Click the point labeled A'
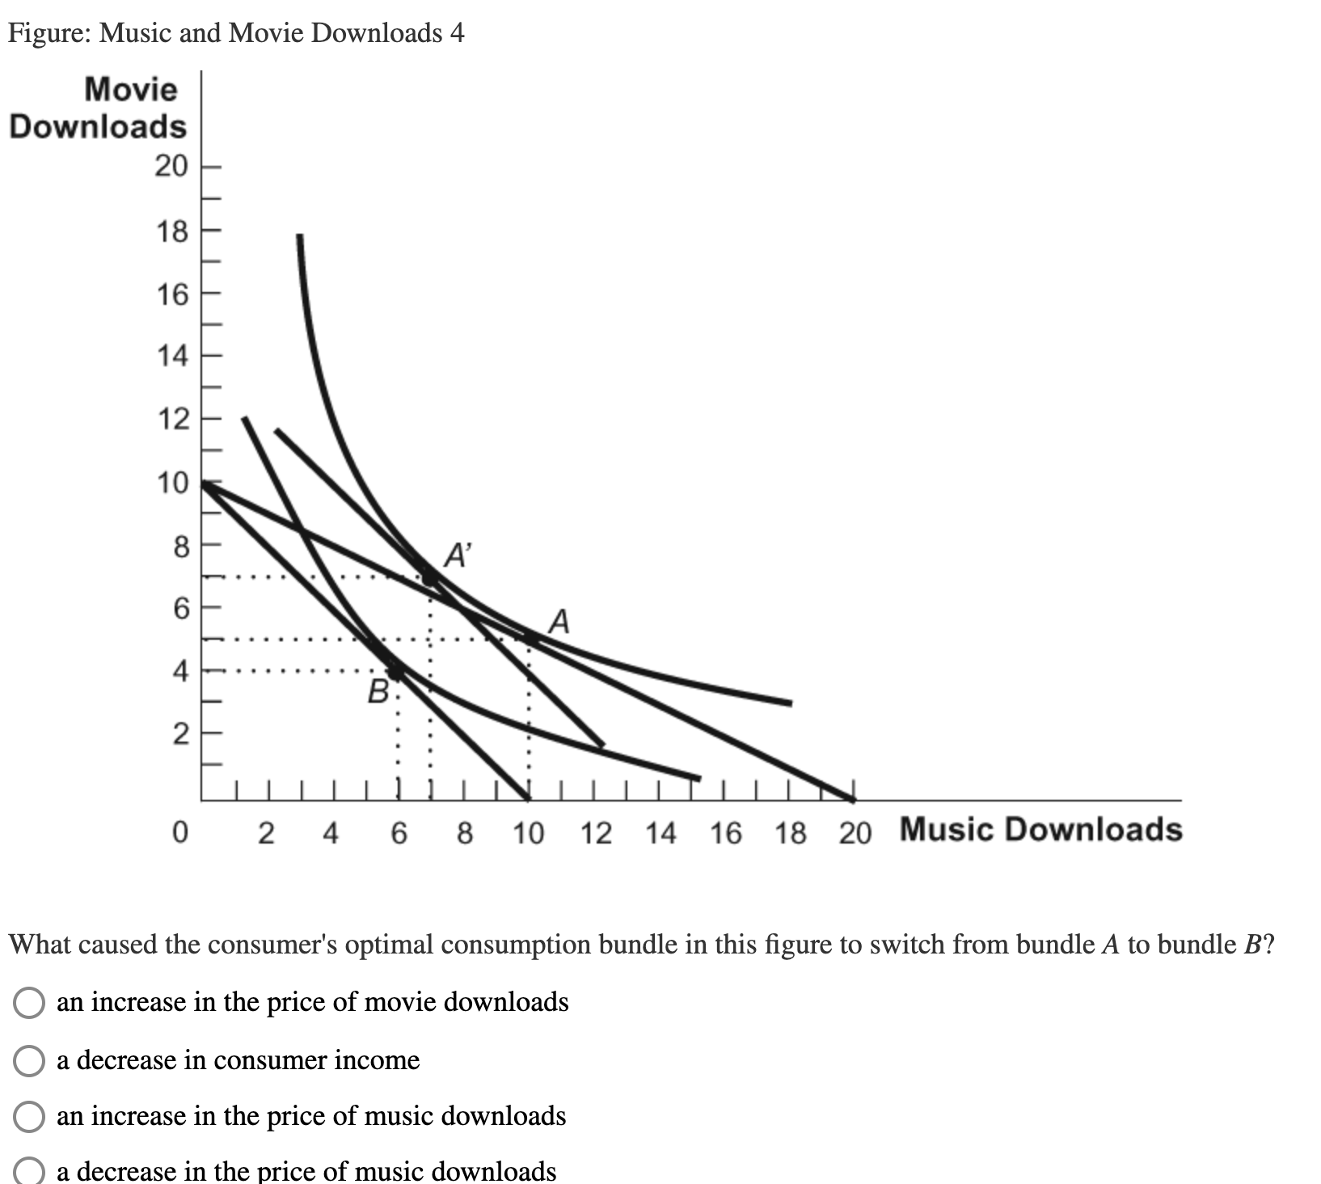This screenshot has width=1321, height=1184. click(429, 577)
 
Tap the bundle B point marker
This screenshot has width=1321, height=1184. click(396, 670)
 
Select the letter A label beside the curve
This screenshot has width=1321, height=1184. click(559, 622)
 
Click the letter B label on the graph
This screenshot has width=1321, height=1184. click(378, 691)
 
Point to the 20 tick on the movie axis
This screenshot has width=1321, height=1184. click(171, 167)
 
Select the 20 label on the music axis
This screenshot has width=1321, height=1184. click(855, 832)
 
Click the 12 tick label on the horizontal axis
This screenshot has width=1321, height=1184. click(596, 832)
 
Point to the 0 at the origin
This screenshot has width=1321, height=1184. click(180, 832)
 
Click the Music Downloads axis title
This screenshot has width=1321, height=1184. click(1040, 830)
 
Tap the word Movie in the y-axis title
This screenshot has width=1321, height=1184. click(130, 89)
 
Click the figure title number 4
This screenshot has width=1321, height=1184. click(458, 33)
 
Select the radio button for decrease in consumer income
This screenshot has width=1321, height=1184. click(29, 1060)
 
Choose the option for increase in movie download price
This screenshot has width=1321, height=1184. click(29, 1003)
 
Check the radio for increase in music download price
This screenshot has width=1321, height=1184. click(29, 1117)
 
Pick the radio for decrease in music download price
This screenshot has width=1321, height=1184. click(29, 1172)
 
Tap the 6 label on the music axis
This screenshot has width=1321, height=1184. click(399, 832)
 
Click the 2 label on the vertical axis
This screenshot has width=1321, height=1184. click(180, 734)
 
